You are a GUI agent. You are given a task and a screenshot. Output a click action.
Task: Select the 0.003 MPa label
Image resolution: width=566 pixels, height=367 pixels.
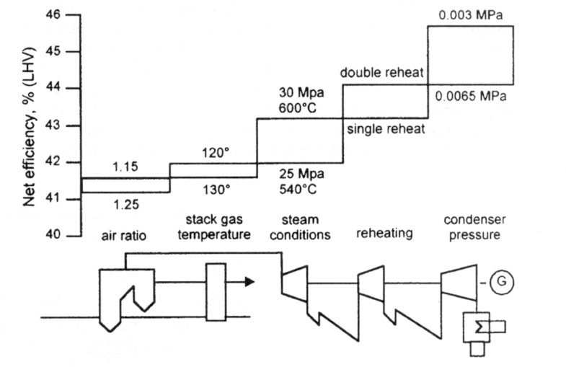pos(469,14)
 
